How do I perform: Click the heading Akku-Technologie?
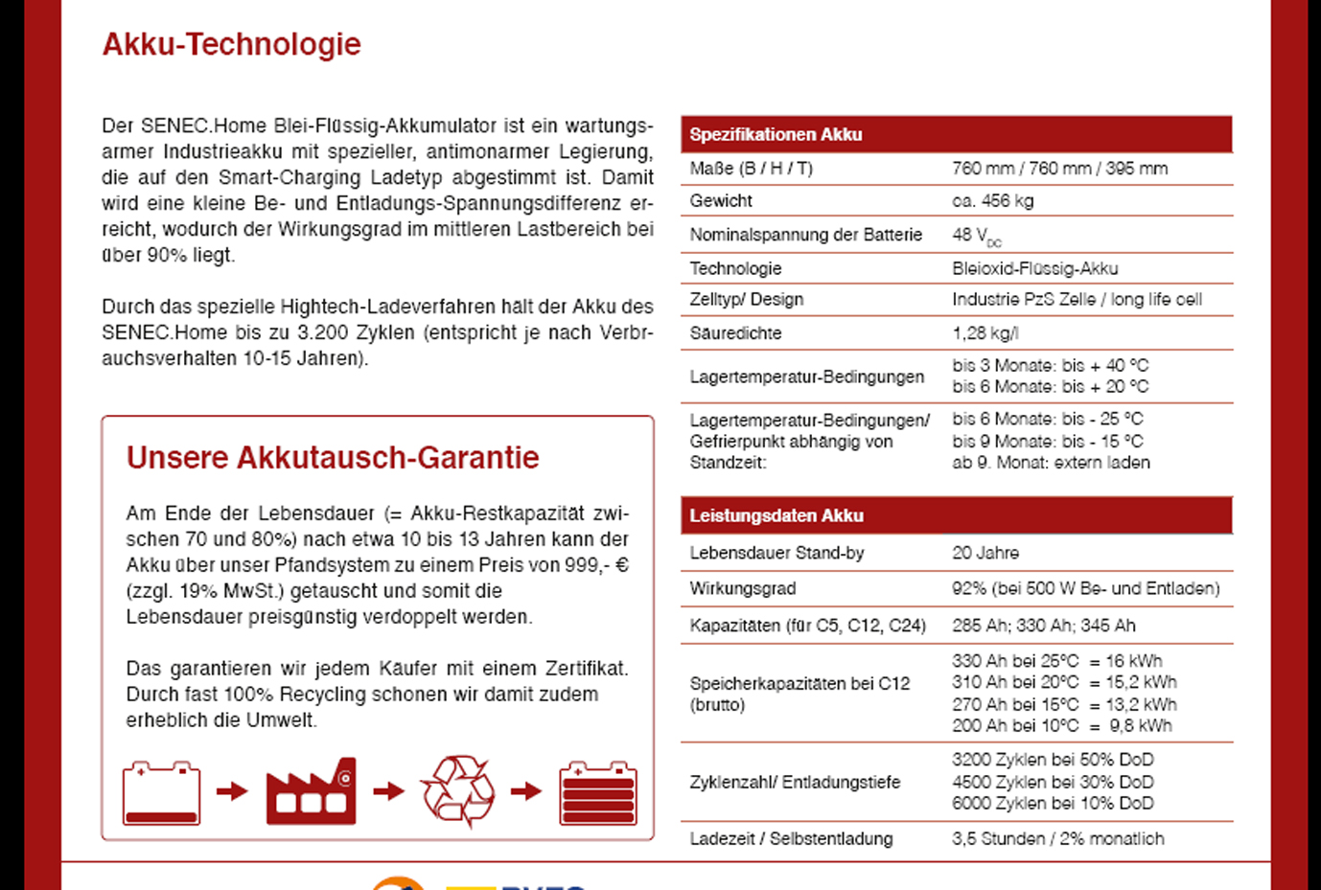[x=231, y=44]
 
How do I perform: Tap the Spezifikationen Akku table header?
[x=776, y=135]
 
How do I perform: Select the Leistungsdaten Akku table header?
[x=776, y=515]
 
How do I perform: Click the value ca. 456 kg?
[x=992, y=201]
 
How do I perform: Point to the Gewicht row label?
[x=721, y=201]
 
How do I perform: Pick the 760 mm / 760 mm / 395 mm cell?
[x=1059, y=169]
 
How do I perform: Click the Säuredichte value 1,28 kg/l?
[x=985, y=333]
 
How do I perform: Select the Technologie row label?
[x=735, y=268]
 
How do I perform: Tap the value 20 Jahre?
[x=985, y=553]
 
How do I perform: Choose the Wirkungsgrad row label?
[x=742, y=588]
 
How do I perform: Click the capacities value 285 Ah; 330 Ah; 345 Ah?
[x=1043, y=626]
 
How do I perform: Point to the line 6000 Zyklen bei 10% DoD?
[x=1052, y=803]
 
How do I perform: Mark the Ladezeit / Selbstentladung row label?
[x=791, y=838]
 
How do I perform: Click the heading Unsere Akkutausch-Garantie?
[x=333, y=458]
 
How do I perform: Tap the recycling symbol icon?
[x=458, y=791]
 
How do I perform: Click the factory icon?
[x=311, y=791]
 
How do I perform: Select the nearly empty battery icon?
[x=161, y=793]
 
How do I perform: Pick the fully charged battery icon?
[x=598, y=793]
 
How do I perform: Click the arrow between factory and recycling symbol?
[x=388, y=791]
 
